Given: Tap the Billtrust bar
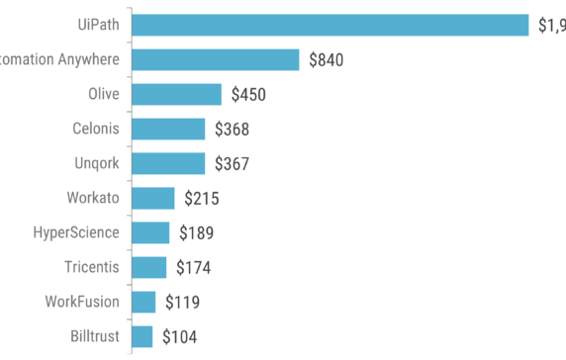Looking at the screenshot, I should click(141, 336).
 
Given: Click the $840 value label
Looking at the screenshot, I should click(326, 60).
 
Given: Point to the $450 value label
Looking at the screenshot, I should click(248, 95).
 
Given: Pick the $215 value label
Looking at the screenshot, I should click(201, 199).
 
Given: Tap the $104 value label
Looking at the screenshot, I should click(179, 337).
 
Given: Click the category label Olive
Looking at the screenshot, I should click(104, 94).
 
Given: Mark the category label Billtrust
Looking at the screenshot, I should click(96, 336).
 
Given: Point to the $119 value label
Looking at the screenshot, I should click(182, 303).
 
